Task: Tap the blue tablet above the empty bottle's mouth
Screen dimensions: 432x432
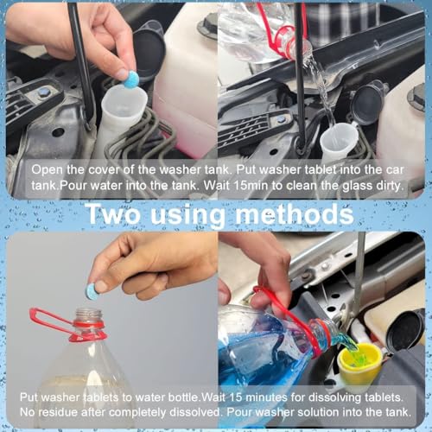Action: point(92,292)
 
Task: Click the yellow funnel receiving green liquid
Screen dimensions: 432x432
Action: point(362,355)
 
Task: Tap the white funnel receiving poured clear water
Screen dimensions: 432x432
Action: point(338,140)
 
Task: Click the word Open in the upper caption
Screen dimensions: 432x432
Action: point(43,170)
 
